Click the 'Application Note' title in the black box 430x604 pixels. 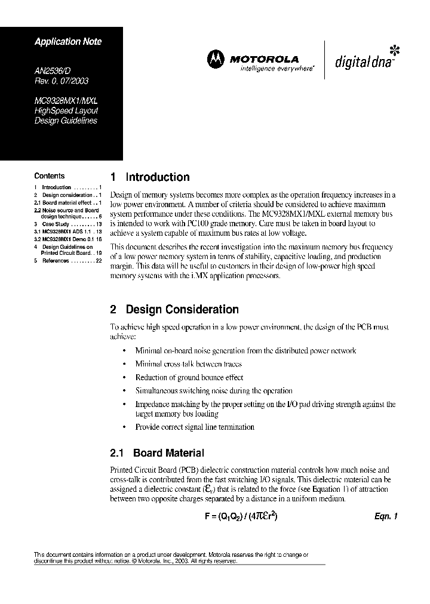pos(68,42)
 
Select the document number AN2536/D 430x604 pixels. pos(52,70)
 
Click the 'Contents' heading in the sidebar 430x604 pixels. pos(50,176)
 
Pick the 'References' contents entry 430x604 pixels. pos(56,261)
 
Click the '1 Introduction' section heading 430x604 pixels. pos(150,177)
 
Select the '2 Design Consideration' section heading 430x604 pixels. pos(175,310)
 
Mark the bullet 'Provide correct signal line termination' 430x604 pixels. pos(195,427)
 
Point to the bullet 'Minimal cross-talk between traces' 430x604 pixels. pos(189,363)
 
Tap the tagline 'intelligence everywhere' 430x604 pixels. pos(277,69)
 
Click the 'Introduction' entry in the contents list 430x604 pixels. pos(57,187)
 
